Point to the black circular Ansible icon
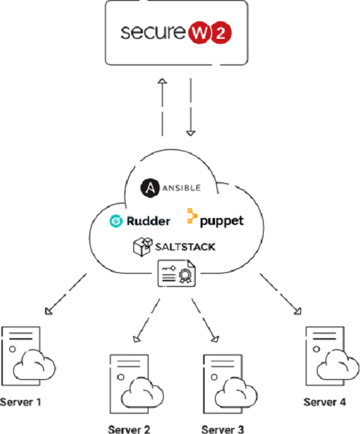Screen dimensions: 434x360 (149, 187)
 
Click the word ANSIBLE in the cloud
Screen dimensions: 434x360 (182, 187)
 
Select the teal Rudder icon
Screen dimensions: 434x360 (117, 221)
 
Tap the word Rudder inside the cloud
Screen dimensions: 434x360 (149, 221)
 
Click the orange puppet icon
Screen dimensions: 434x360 (194, 216)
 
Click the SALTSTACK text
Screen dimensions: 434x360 (185, 247)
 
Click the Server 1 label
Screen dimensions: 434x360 (21, 402)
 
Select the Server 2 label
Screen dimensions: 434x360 (129, 429)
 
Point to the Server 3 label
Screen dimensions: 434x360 (223, 429)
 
